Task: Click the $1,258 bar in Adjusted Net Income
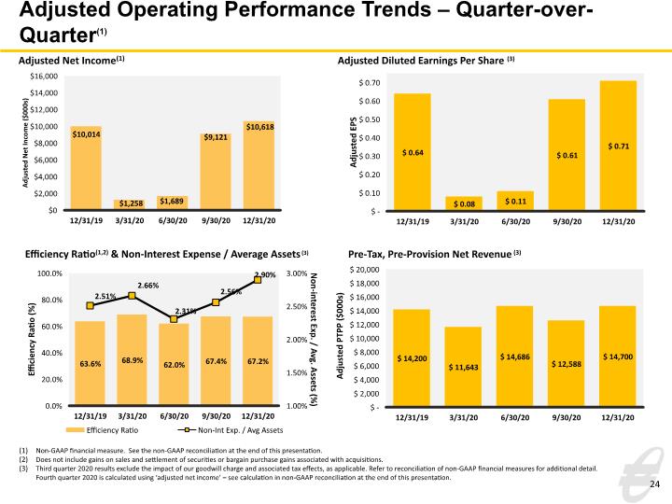coord(130,204)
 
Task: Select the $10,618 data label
coord(260,127)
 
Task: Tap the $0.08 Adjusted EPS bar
coord(464,203)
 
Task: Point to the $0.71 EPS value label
coord(619,147)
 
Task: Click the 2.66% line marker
coord(132,296)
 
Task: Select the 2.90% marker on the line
coord(258,280)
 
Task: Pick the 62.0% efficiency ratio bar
coord(174,364)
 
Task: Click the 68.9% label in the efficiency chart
coord(132,360)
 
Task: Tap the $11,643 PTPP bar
coord(463,366)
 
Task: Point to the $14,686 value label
coord(514,357)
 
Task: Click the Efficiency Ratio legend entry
coord(102,430)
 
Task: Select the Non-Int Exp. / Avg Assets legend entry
coord(231,430)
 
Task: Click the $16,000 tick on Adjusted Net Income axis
coord(44,77)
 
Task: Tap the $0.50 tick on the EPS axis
coord(370,119)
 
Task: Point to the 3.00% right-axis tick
coord(297,273)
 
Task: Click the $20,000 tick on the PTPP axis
coord(365,270)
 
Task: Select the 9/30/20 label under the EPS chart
coord(567,221)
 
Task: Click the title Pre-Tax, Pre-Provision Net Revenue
coord(430,255)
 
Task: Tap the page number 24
coord(655,484)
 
